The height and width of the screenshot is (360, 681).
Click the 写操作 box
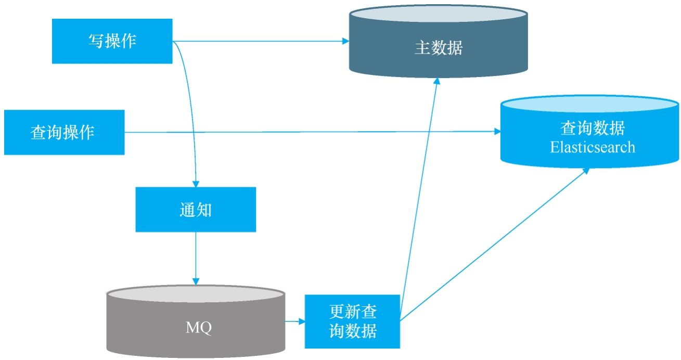(x=112, y=41)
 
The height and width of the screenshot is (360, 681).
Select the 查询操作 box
(x=64, y=132)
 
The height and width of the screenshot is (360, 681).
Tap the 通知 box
(x=196, y=209)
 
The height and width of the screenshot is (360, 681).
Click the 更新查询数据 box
(x=352, y=322)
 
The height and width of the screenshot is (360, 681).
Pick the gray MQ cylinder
(x=196, y=328)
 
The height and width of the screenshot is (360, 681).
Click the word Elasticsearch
(x=592, y=147)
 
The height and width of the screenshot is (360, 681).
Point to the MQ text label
(x=199, y=328)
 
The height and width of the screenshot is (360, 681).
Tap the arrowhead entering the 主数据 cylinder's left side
(x=345, y=41)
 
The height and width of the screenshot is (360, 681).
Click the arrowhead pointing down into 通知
(x=196, y=184)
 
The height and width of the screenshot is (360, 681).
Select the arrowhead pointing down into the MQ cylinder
(x=196, y=281)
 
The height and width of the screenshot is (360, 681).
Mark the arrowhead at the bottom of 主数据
(x=437, y=82)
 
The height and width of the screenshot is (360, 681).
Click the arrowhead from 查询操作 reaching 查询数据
(x=497, y=132)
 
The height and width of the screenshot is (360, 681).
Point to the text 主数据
(x=438, y=48)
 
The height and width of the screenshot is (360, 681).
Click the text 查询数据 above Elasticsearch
(x=592, y=128)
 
